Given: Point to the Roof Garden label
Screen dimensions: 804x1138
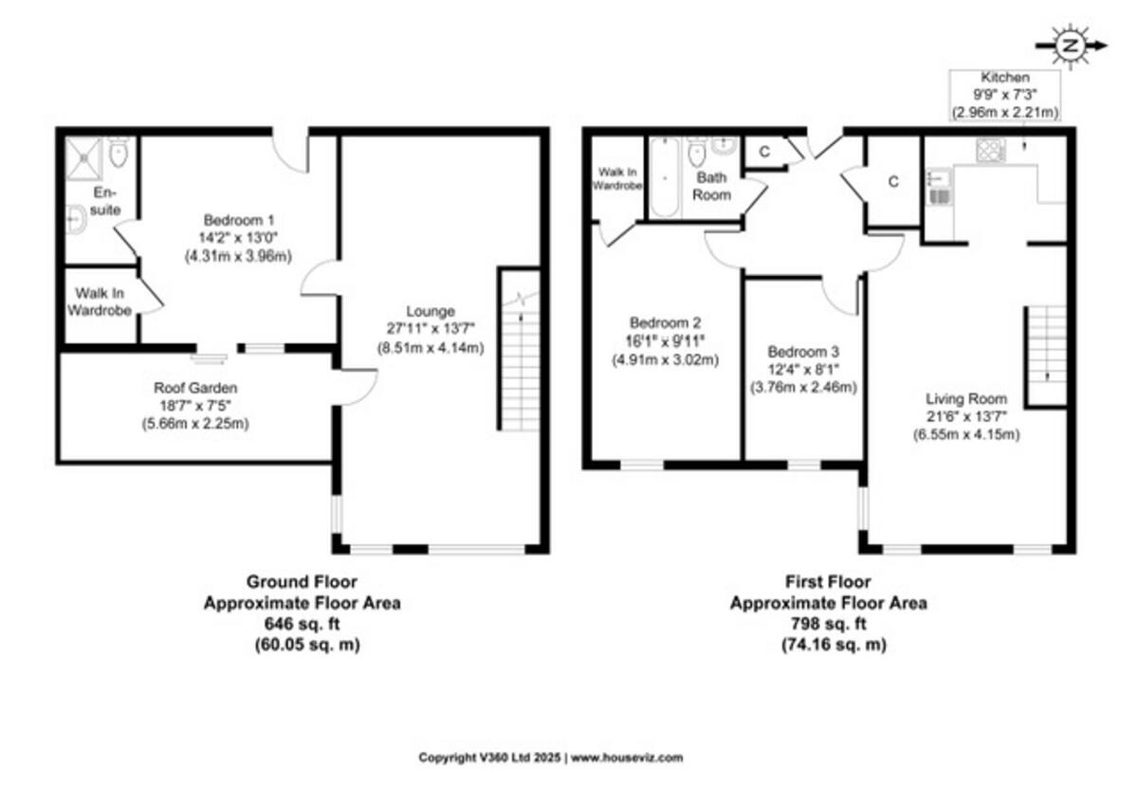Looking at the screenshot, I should pos(195,388).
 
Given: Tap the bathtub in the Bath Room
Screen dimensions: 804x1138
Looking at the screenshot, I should pos(661,177).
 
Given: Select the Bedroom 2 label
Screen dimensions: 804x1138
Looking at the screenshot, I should pos(666,320).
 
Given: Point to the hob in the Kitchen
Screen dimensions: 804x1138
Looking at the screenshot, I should pos(990,150).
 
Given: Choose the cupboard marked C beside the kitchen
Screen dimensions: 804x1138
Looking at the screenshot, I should pos(893,183).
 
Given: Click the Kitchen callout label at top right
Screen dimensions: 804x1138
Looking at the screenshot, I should pos(1004,77).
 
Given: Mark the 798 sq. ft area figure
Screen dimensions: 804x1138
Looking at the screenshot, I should pos(827,623).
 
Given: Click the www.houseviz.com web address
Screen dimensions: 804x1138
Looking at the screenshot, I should pos(627,758).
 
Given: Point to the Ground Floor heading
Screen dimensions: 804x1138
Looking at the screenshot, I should pos(302,581).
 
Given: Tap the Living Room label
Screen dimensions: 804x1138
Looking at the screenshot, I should pos(968,399).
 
